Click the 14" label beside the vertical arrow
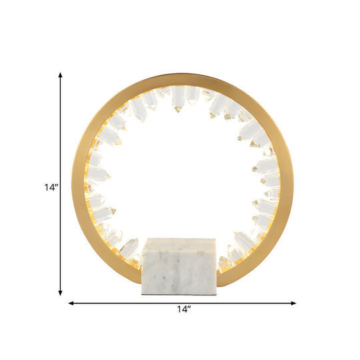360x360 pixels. (44, 187)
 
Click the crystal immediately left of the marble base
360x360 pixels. (129, 247)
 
